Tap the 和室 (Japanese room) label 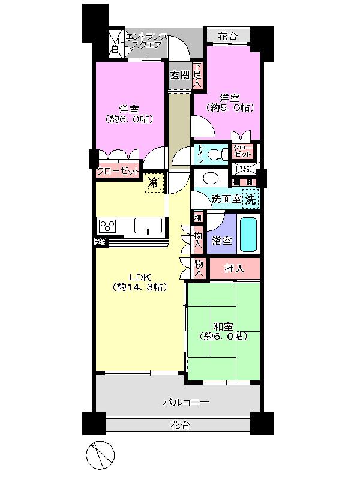[x=223, y=326]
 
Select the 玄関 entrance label [x=179, y=75]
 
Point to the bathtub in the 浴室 [x=248, y=234]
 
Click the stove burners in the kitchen [x=109, y=226]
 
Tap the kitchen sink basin [x=148, y=226]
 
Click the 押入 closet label [x=234, y=268]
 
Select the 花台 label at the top [x=227, y=37]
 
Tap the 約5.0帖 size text [x=230, y=108]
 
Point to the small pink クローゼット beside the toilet [x=242, y=151]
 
